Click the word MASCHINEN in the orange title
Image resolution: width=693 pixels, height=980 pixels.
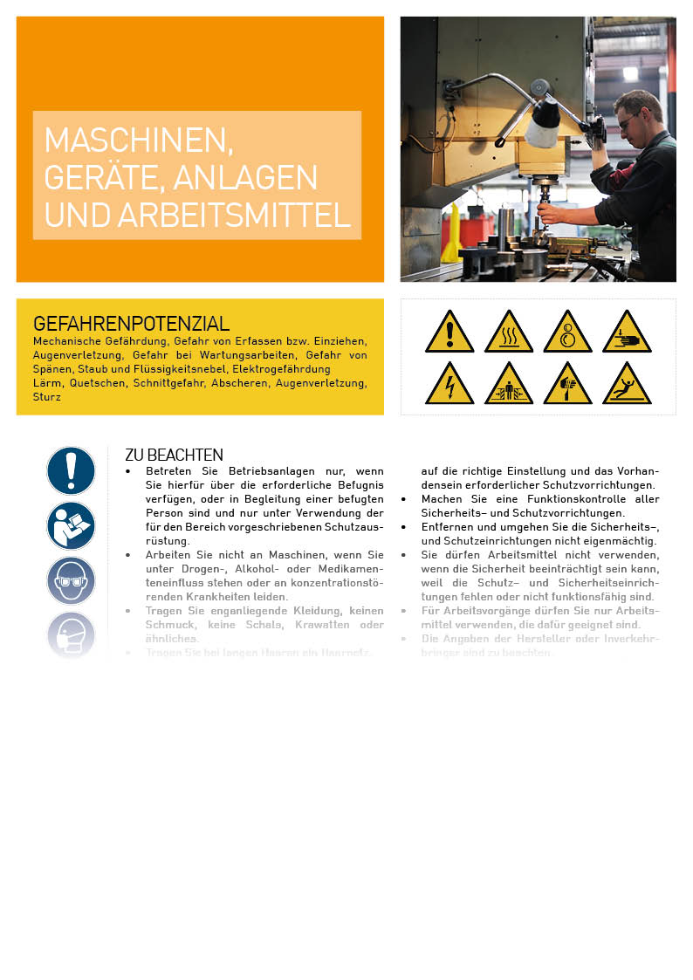tap(138, 140)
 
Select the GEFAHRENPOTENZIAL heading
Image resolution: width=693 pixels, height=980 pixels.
tap(131, 324)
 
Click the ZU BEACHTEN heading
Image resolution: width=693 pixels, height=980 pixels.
tap(174, 455)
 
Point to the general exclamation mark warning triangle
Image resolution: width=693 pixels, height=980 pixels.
tap(449, 333)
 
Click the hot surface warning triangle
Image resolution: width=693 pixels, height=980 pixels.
tap(509, 333)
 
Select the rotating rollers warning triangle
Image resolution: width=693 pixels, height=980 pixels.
tap(567, 333)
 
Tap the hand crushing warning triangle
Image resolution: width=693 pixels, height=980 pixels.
tap(627, 333)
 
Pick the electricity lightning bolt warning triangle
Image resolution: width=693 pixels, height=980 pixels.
tap(449, 386)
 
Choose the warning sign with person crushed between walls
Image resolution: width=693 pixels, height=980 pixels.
tap(509, 386)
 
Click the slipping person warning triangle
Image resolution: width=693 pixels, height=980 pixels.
tap(627, 386)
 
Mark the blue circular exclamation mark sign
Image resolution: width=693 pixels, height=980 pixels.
tap(71, 470)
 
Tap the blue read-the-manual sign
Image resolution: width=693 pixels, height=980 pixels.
tap(71, 525)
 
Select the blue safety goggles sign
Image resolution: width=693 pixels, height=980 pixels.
tap(71, 580)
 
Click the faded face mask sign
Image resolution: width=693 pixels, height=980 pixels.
tap(71, 634)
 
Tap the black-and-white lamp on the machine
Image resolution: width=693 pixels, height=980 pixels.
tap(542, 123)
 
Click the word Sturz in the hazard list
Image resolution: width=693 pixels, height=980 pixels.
tap(47, 397)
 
